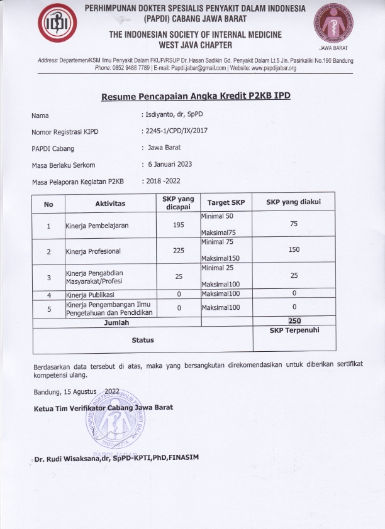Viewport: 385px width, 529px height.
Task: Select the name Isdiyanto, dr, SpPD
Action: click(x=175, y=116)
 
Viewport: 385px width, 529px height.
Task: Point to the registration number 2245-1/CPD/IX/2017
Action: click(x=177, y=132)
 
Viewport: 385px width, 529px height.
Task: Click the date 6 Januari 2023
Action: click(x=170, y=165)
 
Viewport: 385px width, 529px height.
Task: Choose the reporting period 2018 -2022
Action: click(x=163, y=182)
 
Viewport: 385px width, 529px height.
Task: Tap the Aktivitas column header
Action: click(x=110, y=204)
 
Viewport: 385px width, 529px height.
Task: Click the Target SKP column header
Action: click(x=226, y=203)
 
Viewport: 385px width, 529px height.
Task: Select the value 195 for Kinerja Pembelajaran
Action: click(x=178, y=225)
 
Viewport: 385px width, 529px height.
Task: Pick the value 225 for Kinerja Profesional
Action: click(x=178, y=251)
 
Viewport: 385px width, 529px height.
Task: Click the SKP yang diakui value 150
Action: click(x=293, y=250)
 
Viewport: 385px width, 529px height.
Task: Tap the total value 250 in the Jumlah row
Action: click(x=294, y=321)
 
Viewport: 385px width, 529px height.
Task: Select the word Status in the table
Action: click(x=143, y=340)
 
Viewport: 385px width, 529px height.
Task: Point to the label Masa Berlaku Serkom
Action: click(x=63, y=165)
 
